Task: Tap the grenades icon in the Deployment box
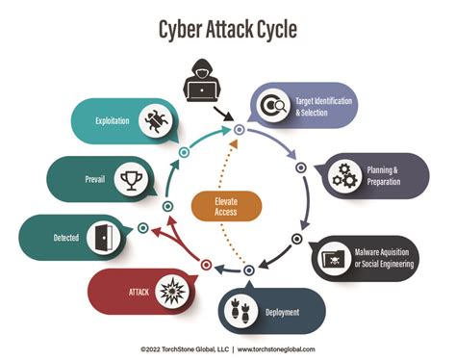pos(236,310)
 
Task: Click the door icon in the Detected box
pos(104,235)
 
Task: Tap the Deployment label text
pos(279,312)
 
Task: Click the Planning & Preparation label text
pos(388,175)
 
